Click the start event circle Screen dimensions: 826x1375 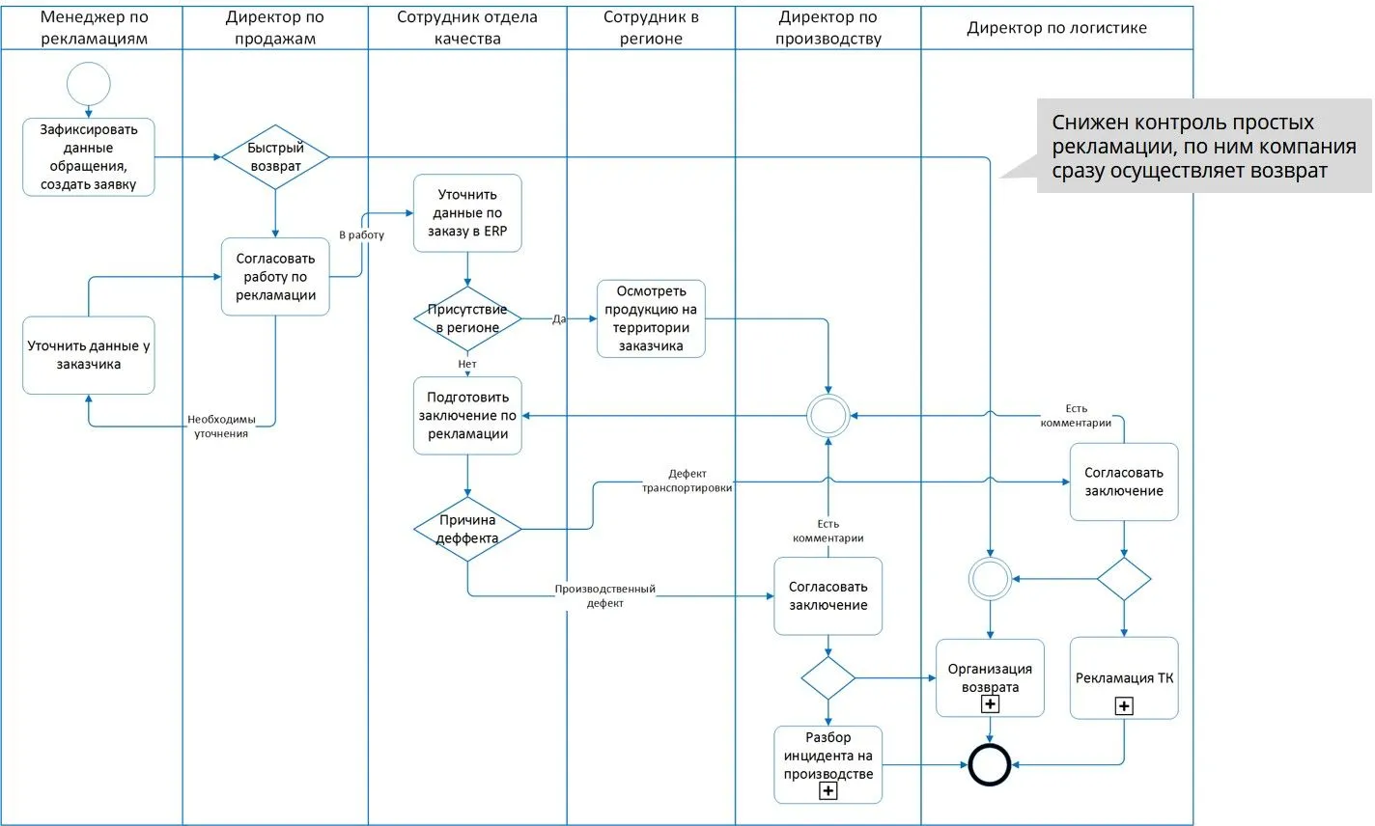click(x=89, y=84)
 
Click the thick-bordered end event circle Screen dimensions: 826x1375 click(x=990, y=765)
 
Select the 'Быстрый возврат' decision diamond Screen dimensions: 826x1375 click(x=275, y=156)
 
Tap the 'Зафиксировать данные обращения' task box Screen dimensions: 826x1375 click(x=89, y=157)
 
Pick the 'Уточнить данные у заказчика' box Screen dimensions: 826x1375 click(x=89, y=355)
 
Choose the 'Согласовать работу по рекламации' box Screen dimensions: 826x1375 click(x=275, y=277)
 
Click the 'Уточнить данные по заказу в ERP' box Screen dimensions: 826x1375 click(x=467, y=213)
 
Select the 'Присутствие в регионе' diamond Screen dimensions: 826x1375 click(x=467, y=318)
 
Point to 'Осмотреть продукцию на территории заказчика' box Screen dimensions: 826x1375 click(x=651, y=318)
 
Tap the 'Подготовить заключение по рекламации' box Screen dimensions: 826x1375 click(x=467, y=416)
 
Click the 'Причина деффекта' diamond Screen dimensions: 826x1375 click(x=467, y=529)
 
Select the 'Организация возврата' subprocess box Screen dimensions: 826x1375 click(x=990, y=677)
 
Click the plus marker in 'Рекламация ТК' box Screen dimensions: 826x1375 click(x=1124, y=706)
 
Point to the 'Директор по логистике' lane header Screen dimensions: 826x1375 click(x=1057, y=28)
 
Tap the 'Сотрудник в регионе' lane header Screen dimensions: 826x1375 click(x=651, y=28)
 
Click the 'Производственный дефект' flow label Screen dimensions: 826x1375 click(x=605, y=595)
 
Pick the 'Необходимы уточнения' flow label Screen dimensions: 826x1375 click(x=221, y=427)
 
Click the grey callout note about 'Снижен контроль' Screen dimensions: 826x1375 click(x=1203, y=147)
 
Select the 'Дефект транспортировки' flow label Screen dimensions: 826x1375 click(x=687, y=481)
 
